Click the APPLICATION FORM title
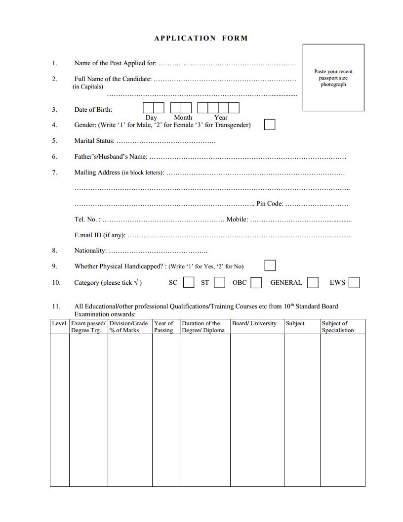point(201,38)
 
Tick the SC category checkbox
point(189,283)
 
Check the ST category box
point(220,283)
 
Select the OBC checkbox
point(256,283)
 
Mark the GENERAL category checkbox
point(313,283)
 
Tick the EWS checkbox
point(354,283)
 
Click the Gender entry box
point(270,125)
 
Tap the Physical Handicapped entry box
point(270,266)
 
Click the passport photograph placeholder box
point(333,78)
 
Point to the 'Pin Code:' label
point(270,204)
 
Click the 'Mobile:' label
point(237,219)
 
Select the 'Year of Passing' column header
point(164,327)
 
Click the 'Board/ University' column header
point(254,323)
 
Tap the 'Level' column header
point(59,323)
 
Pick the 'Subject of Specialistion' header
point(338,327)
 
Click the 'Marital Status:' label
point(94,141)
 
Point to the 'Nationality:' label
point(90,251)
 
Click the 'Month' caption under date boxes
point(183,118)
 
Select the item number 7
point(54,173)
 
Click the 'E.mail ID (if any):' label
point(100,235)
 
